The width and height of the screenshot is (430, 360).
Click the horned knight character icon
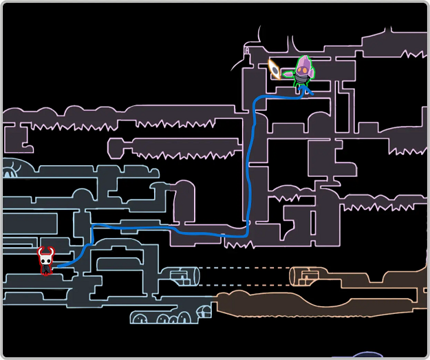46,261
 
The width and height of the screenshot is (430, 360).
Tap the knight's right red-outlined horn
51,251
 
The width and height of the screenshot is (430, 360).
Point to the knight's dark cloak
46,269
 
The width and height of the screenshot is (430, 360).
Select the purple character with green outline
303,72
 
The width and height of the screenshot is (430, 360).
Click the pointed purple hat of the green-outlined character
303,63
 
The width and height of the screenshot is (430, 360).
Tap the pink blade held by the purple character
288,74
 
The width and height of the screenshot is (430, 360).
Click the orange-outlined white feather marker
274,69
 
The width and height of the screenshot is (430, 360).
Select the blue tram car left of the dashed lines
184,277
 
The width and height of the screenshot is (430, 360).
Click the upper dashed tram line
244,268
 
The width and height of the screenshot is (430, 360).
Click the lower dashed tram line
244,286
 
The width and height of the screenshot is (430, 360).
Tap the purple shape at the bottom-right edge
365,356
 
